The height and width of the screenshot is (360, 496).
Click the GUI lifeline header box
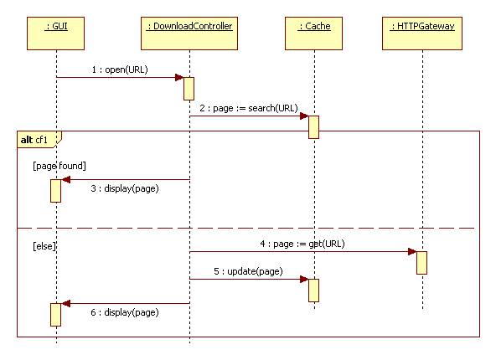point(55,33)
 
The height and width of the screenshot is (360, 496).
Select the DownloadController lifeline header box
point(189,33)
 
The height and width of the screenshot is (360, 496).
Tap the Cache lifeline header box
point(313,33)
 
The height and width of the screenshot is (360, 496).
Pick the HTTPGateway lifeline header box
point(422,33)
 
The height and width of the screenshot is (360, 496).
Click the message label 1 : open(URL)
point(120,69)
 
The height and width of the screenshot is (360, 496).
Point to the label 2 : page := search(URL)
point(249,108)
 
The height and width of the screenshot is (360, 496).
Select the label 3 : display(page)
point(125,188)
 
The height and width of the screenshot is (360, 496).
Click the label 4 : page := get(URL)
point(302,244)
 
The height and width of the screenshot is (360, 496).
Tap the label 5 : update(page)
point(248,271)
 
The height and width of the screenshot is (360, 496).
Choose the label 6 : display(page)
point(125,312)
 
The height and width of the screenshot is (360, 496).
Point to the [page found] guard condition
point(59,166)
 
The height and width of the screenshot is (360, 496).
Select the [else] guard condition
point(44,246)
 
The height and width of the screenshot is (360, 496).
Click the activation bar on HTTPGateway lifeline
point(421,263)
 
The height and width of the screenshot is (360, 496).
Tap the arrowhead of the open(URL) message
point(179,77)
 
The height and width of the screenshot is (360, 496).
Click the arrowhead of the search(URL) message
point(304,116)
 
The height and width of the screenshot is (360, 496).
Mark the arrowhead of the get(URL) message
point(412,252)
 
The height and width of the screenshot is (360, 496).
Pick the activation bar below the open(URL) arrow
point(189,89)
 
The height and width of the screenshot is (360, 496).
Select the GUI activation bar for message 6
point(55,315)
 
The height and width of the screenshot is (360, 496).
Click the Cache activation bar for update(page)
point(314,291)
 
